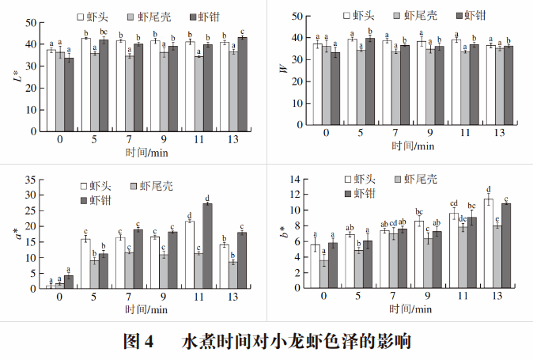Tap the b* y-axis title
pyautogui.click(x=282, y=235)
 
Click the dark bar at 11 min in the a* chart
pyautogui.click(x=207, y=246)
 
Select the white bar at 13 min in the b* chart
pyautogui.click(x=489, y=244)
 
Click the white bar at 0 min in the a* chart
pyautogui.click(x=51, y=286)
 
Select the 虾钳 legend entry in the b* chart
pyautogui.click(x=361, y=194)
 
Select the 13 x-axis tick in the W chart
pyautogui.click(x=498, y=132)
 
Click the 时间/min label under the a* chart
pyautogui.click(x=146, y=309)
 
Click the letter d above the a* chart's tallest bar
pyautogui.click(x=207, y=198)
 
